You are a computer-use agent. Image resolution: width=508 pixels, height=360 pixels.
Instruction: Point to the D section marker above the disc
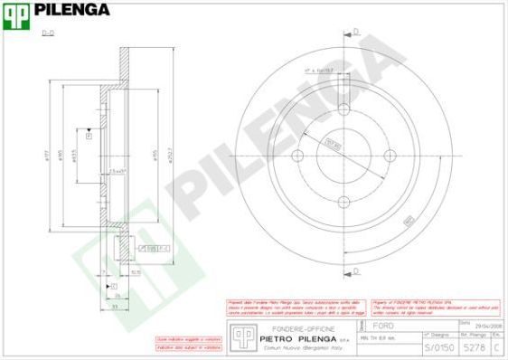(355, 32)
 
